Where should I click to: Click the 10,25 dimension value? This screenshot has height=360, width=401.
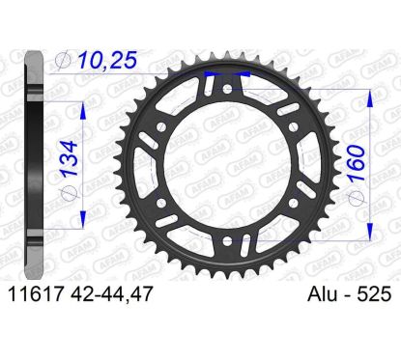[x=107, y=60]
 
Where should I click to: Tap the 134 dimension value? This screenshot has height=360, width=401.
[x=70, y=158]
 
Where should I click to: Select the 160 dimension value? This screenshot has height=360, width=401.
[x=357, y=163]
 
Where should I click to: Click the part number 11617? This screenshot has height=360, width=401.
[x=35, y=294]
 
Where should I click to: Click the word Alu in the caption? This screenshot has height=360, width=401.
[x=321, y=294]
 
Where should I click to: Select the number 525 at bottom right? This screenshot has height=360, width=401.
[x=374, y=294]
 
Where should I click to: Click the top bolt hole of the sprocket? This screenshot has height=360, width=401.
[x=227, y=89]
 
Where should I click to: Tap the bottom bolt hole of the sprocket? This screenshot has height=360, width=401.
[x=227, y=240]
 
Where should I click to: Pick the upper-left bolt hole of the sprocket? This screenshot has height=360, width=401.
[x=161, y=126]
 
